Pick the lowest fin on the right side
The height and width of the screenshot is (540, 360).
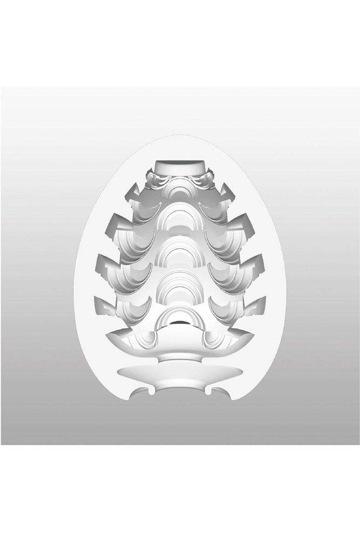256,303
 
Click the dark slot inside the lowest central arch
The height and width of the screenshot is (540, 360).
180,322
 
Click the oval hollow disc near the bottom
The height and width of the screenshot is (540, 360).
180,372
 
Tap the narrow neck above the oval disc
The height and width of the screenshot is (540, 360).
180,357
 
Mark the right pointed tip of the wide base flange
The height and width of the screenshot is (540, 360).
253,335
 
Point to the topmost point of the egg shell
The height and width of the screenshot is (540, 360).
180,136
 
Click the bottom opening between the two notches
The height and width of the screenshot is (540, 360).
180,393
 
